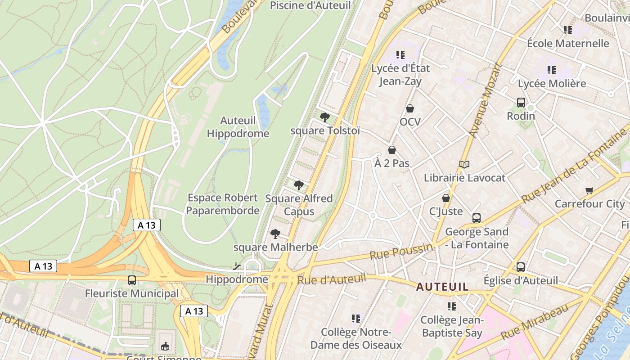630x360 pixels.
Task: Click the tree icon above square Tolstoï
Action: (x=324, y=117)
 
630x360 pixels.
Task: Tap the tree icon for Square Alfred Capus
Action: (x=298, y=185)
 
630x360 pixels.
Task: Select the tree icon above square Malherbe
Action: (x=275, y=234)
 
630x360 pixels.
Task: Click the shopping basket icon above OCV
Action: (x=410, y=108)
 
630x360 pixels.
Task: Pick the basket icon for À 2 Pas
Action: (x=392, y=150)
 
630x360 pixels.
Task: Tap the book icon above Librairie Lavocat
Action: (x=464, y=165)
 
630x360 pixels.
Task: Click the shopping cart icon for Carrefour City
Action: (x=589, y=190)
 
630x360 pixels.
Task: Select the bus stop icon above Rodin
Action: (x=521, y=102)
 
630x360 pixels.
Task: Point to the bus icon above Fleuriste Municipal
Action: (x=132, y=280)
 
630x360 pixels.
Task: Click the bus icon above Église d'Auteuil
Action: (x=521, y=267)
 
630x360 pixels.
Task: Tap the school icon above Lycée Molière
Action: (x=552, y=70)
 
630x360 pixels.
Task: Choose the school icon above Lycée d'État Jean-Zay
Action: (x=400, y=55)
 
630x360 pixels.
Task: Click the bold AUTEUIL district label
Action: (x=442, y=287)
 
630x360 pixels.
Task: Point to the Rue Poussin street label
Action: (x=401, y=252)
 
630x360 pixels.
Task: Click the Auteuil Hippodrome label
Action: (x=238, y=127)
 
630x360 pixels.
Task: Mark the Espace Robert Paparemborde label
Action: (x=223, y=204)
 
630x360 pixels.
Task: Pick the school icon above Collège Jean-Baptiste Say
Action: (x=452, y=306)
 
